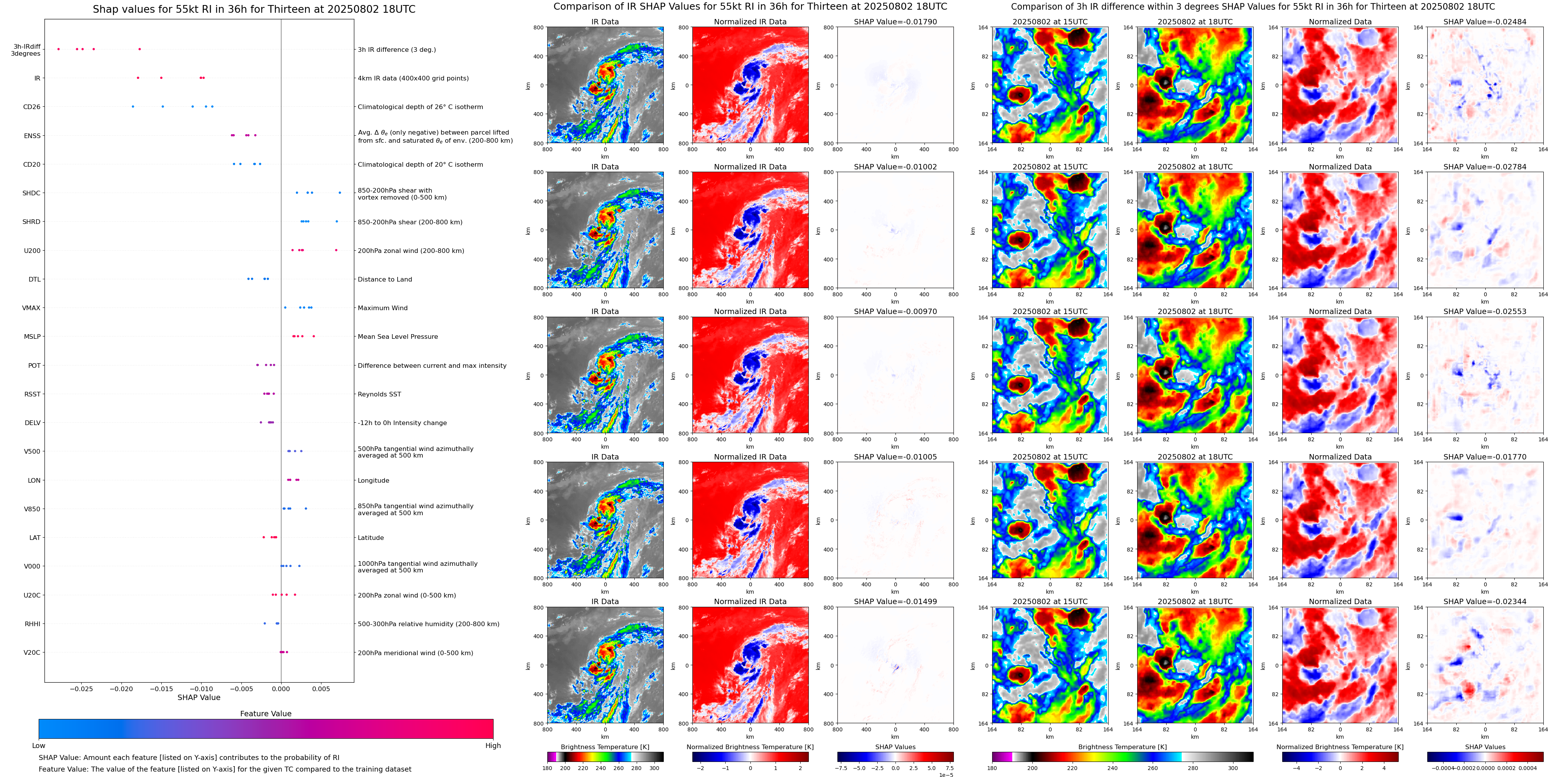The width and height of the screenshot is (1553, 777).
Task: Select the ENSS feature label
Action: (x=32, y=136)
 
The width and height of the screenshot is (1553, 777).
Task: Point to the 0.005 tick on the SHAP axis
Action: (x=321, y=689)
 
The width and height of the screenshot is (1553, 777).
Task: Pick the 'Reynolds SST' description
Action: (x=379, y=394)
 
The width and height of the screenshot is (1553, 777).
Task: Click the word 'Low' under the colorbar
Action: (x=39, y=746)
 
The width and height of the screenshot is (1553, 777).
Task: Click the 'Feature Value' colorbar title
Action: (x=265, y=714)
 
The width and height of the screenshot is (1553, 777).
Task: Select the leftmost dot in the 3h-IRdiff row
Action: (x=58, y=49)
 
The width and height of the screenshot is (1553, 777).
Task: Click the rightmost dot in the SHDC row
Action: (x=340, y=193)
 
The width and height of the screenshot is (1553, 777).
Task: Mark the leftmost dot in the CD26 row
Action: (x=133, y=107)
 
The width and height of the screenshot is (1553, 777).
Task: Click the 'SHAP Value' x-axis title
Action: (x=198, y=697)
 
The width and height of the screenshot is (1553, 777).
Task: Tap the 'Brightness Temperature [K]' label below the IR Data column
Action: (x=605, y=747)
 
